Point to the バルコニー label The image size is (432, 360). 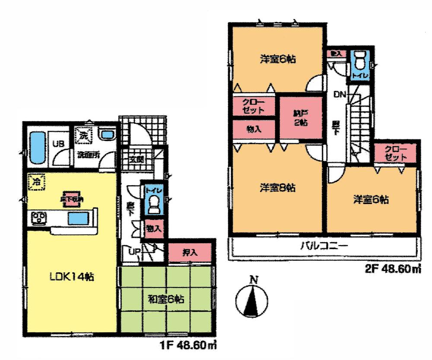pyautogui.click(x=324, y=247)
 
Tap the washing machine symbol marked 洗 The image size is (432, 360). pyautogui.click(x=83, y=135)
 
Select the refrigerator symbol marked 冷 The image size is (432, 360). pyautogui.click(x=37, y=182)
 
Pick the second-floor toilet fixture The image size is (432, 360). pyautogui.click(x=359, y=63)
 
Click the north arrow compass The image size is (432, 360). pyautogui.click(x=252, y=299)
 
